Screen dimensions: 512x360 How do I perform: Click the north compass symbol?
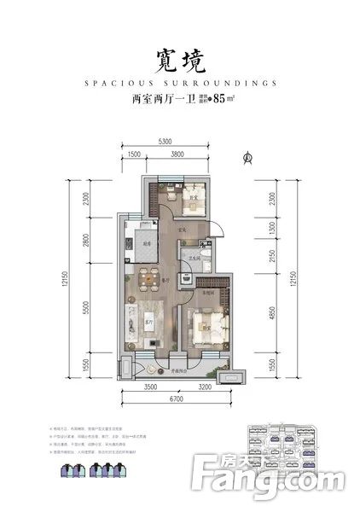tap(247, 156)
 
